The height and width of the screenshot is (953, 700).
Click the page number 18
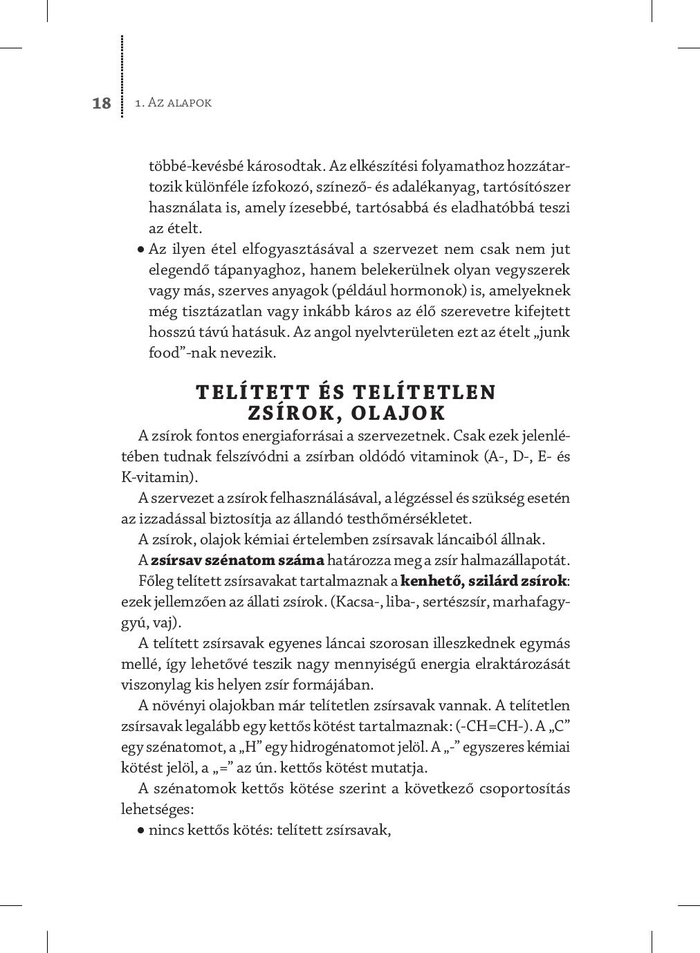pyautogui.click(x=101, y=103)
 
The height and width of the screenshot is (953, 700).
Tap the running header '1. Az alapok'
pyautogui.click(x=173, y=103)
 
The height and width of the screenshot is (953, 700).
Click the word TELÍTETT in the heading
pyautogui.click(x=254, y=392)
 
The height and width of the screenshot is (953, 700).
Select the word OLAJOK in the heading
pyautogui.click(x=398, y=413)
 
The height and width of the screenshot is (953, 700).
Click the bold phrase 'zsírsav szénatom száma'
pyautogui.click(x=237, y=560)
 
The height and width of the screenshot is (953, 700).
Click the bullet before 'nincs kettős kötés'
pyautogui.click(x=141, y=831)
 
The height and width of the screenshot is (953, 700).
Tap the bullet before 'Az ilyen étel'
pyautogui.click(x=141, y=250)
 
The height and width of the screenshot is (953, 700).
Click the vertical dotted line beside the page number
pyautogui.click(x=122, y=76)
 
